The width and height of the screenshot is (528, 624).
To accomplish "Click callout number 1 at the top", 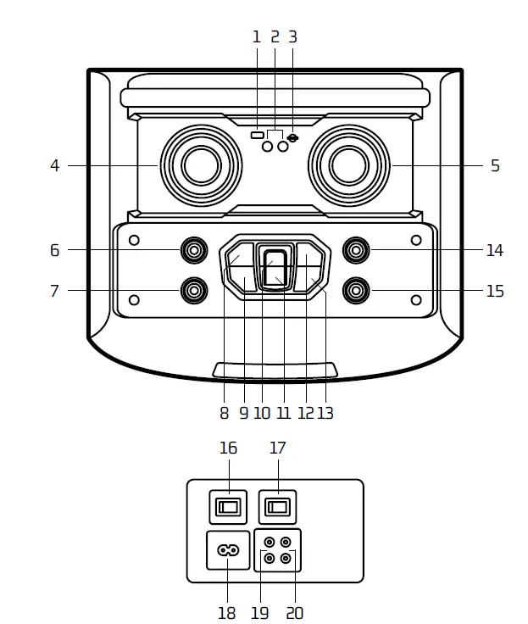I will [x=257, y=36].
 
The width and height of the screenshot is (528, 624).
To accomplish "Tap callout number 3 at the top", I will [x=293, y=36].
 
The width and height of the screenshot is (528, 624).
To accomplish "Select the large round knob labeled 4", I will [x=201, y=164].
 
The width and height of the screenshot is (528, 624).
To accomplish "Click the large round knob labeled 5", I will [x=348, y=164].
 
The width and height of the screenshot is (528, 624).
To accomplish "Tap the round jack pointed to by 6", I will [x=195, y=250].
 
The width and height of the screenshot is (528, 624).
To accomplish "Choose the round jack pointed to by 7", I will [x=195, y=291].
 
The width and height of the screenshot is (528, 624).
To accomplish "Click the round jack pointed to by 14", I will [x=355, y=250].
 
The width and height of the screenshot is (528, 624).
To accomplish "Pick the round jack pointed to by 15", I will [x=355, y=291].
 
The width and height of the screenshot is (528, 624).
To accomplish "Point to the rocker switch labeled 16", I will [x=228, y=508].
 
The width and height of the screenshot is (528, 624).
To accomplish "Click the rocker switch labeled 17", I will [x=277, y=508].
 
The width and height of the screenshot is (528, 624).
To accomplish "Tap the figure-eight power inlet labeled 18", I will [x=228, y=549].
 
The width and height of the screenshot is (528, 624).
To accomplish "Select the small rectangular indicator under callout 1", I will [x=257, y=135].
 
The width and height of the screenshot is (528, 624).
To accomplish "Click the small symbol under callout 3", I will [x=293, y=137].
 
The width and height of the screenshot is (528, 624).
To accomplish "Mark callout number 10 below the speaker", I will [x=262, y=413].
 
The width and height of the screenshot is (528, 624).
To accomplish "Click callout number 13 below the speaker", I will [x=325, y=413].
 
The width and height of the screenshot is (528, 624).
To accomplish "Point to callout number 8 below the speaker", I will [x=224, y=413].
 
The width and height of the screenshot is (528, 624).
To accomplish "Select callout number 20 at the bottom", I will [x=294, y=612].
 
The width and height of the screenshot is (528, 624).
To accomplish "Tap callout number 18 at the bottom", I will [x=227, y=612].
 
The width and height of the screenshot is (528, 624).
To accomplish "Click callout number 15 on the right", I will [x=495, y=292].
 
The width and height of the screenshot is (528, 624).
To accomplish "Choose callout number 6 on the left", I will [x=54, y=250].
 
